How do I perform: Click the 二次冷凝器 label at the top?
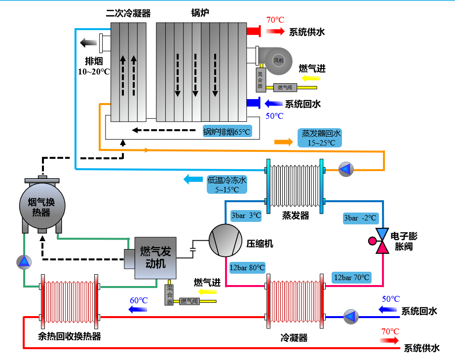click(128, 13)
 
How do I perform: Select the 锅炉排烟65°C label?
click(227, 131)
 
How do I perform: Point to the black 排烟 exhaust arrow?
click(90, 42)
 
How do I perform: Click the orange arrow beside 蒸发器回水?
click(283, 142)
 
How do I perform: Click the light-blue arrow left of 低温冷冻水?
click(193, 180)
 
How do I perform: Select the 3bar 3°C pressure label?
click(245, 216)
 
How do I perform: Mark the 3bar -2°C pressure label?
click(360, 217)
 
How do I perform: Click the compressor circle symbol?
click(224, 240)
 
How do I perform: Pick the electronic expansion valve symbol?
click(382, 241)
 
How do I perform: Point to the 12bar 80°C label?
click(247, 268)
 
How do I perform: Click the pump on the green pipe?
click(23, 262)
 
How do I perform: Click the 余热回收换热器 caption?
click(69, 336)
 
